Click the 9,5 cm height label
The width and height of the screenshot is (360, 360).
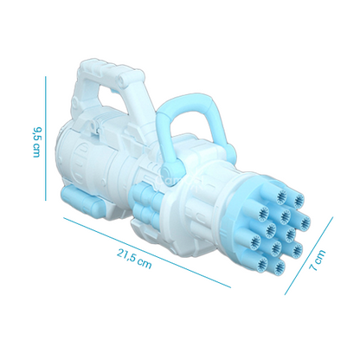(36, 142)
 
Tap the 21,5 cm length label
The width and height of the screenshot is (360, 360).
(134, 259)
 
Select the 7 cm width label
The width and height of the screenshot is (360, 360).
(318, 260)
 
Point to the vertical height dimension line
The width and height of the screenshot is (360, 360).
(45, 138)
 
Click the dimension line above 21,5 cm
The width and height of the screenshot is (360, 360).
(147, 253)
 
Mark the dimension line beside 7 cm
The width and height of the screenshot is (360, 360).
(309, 256)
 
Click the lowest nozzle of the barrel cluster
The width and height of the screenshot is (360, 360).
(278, 267)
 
